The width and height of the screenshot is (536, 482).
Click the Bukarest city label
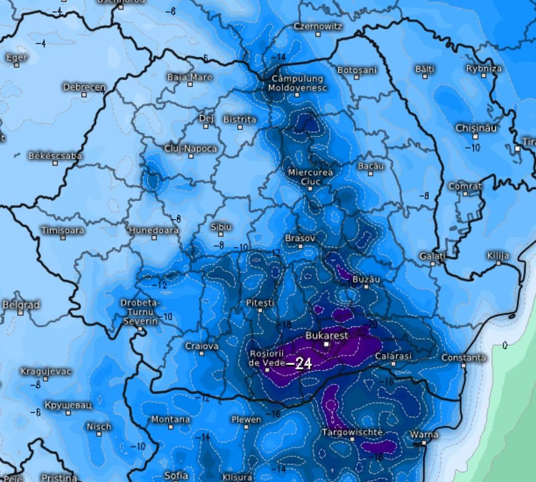327,336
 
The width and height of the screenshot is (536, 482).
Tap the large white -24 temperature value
301,364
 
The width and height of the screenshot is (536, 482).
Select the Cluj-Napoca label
191,148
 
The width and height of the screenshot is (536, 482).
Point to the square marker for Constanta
464,365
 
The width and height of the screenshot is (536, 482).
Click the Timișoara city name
63,230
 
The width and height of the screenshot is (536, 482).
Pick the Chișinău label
476,128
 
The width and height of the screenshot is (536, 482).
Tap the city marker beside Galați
433,264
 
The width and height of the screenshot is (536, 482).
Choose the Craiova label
201,346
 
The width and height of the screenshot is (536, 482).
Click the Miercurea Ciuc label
310,176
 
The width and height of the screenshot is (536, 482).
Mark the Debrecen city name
84,87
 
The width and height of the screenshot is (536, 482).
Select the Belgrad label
21,304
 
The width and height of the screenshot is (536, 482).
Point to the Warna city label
424,435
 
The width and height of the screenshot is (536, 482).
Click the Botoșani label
357,70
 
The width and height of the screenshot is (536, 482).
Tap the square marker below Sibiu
221,235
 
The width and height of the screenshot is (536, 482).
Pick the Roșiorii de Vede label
267,357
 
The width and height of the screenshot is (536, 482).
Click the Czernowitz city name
318,26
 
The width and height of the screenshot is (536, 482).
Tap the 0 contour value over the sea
504,344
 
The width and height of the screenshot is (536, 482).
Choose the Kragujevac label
46,371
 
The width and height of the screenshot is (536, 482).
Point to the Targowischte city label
352,432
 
